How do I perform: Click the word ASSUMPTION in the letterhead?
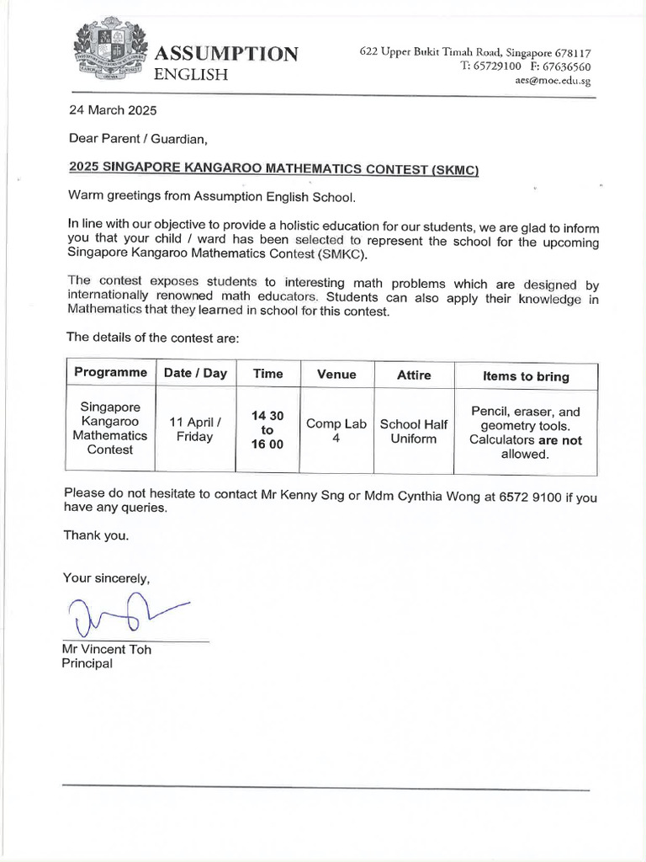(x=225, y=54)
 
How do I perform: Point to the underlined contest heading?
(x=274, y=168)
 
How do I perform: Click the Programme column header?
(x=110, y=373)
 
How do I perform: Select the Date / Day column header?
(x=195, y=373)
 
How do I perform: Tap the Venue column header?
(x=336, y=374)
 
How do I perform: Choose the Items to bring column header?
(x=526, y=376)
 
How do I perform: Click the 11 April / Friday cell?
(x=195, y=430)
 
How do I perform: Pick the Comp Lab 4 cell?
(x=336, y=432)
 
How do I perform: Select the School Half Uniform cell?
(x=413, y=432)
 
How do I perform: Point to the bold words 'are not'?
(x=560, y=440)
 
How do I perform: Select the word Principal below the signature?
(x=87, y=663)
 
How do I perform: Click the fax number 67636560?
(x=566, y=67)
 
